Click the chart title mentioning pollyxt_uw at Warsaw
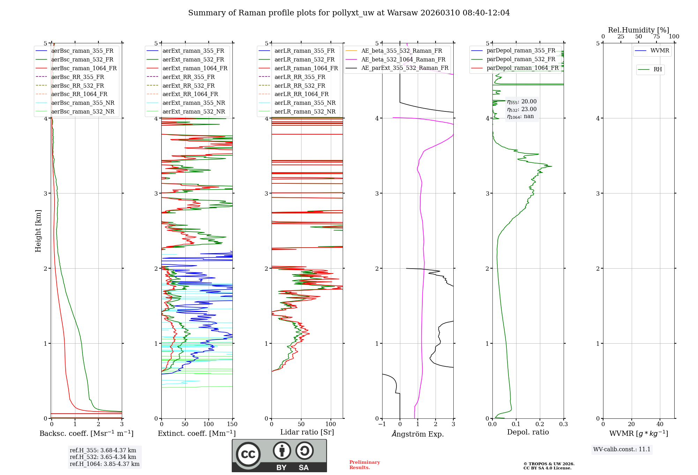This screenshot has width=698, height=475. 349,13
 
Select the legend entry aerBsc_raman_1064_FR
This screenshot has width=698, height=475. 84,68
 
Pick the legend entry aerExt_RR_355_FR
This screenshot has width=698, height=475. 188,77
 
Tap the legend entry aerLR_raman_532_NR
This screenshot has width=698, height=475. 305,111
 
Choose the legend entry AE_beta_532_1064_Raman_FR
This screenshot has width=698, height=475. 403,59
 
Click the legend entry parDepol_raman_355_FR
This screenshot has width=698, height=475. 521,51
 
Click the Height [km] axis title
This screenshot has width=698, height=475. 38,231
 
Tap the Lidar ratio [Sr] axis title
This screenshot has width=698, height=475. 307,432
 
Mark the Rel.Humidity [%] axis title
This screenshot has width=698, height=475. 638,30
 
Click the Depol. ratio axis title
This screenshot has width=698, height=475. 528,432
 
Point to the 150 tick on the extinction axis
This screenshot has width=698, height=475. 232,424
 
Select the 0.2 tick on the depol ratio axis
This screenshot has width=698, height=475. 540,424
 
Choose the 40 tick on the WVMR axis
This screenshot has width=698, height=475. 660,424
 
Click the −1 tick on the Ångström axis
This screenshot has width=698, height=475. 382,424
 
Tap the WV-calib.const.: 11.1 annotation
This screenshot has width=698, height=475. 622,449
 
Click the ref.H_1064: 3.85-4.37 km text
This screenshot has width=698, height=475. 104,464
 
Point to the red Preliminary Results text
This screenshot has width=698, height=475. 364,465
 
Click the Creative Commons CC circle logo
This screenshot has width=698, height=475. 248,454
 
